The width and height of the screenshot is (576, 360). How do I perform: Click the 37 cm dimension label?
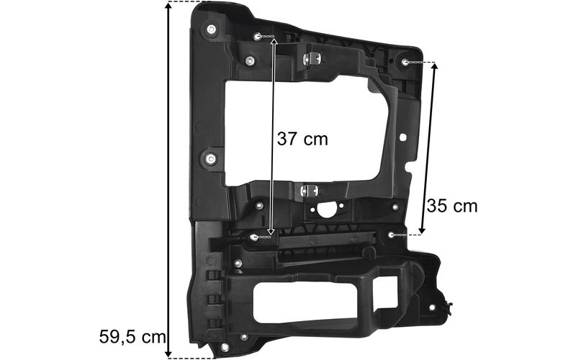point(302,139)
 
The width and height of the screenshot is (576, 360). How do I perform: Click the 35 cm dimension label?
point(452,206)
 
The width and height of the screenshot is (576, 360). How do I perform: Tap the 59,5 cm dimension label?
point(132,337)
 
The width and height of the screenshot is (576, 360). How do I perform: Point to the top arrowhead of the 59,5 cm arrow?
point(168,6)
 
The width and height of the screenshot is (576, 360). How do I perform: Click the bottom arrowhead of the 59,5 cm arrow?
point(168,354)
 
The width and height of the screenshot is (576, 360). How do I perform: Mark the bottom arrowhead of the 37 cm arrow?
point(271,231)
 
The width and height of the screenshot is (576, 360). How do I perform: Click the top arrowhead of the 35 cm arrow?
point(435,66)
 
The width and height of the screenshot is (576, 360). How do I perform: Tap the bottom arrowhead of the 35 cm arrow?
point(422,230)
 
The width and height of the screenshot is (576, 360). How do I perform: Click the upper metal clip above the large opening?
point(312,58)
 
